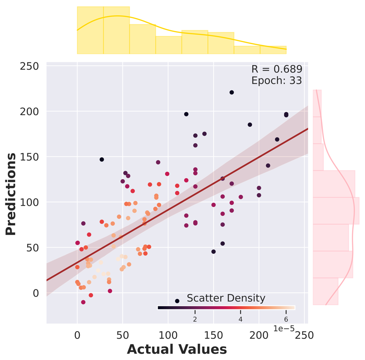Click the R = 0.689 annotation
click(x=277, y=69)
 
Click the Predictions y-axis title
click(x=11, y=194)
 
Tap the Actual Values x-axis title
click(x=177, y=349)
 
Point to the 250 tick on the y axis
click(x=30, y=66)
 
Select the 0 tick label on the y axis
click(x=35, y=293)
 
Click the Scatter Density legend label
click(x=226, y=298)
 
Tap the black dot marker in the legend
click(x=177, y=301)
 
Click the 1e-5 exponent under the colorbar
click(x=283, y=328)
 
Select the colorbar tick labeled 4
click(x=240, y=319)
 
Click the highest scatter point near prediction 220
click(x=232, y=92)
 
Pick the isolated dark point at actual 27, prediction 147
click(x=102, y=159)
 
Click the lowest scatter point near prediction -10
click(x=83, y=302)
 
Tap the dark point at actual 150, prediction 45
click(x=213, y=251)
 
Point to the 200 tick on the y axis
click(x=30, y=111)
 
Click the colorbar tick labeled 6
click(x=286, y=319)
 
